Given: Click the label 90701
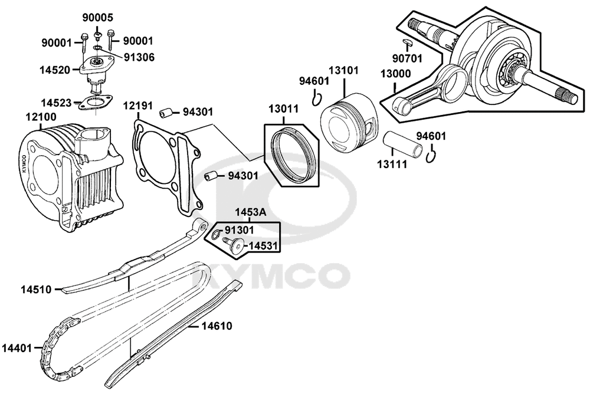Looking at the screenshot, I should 408,58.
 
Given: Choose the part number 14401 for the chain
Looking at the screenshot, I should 17,348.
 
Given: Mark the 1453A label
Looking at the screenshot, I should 249,212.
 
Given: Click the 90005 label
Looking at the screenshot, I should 98,18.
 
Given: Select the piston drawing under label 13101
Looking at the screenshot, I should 348,124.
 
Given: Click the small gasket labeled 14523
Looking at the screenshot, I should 94,103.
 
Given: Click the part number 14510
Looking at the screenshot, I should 37,290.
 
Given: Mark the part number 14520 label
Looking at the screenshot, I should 56,69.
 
